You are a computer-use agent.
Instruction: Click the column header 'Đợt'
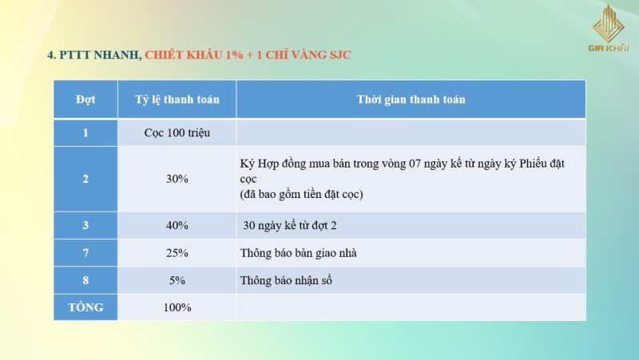pyautogui.click(x=85, y=100)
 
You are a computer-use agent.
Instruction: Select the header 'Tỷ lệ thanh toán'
pyautogui.click(x=177, y=100)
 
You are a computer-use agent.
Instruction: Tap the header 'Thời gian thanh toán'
pyautogui.click(x=411, y=100)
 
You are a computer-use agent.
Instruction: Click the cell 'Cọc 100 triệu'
pyautogui.click(x=177, y=133)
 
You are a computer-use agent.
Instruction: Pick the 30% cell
pyautogui.click(x=177, y=179)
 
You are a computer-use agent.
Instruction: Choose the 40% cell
pyautogui.click(x=177, y=226)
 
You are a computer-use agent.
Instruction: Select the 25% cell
pyautogui.click(x=177, y=253)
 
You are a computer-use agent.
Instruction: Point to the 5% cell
pyautogui.click(x=177, y=281)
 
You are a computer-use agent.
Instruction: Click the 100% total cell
pyautogui.click(x=177, y=307)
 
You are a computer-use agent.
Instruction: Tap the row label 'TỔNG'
pyautogui.click(x=85, y=307)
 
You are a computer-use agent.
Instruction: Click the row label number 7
pyautogui.click(x=85, y=253)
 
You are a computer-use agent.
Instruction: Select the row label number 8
pyautogui.click(x=85, y=281)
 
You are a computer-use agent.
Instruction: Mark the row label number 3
pyautogui.click(x=85, y=226)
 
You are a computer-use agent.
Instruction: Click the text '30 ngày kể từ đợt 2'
pyautogui.click(x=290, y=226)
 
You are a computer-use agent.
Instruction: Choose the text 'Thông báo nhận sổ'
pyautogui.click(x=286, y=281)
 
